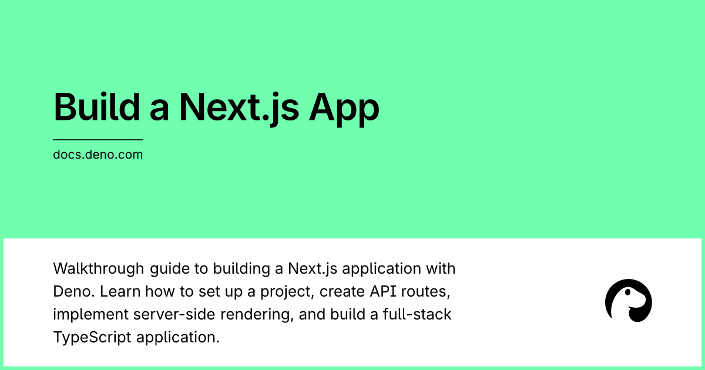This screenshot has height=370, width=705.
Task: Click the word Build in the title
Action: (97, 107)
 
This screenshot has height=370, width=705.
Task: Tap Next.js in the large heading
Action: (239, 109)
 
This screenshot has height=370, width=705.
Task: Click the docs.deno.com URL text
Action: (98, 154)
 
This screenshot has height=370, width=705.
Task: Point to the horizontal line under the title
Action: (98, 139)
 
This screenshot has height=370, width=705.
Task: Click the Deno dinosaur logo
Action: (629, 301)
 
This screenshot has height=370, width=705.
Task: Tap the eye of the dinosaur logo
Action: (627, 292)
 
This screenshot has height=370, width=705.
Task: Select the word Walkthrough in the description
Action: (99, 268)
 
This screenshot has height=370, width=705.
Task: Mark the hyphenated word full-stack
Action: (417, 314)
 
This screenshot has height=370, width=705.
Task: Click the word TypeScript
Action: (92, 338)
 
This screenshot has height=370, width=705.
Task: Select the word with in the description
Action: (441, 268)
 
